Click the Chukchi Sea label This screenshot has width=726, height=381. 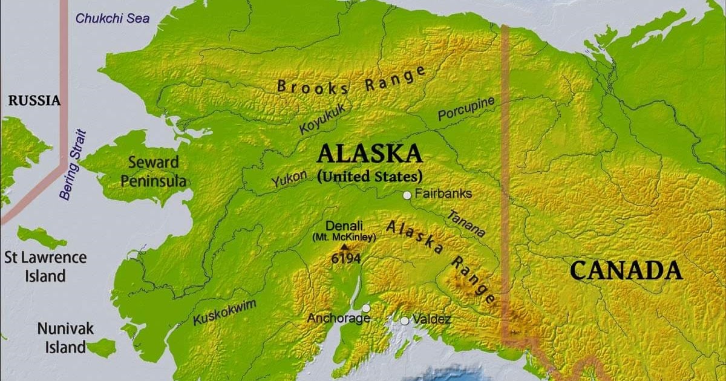(x=113, y=19)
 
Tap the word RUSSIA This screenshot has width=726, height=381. (x=34, y=101)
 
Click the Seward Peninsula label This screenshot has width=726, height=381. (x=153, y=172)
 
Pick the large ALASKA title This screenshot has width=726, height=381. (x=370, y=154)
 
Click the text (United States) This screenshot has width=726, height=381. (x=370, y=177)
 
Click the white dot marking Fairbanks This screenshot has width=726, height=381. (x=407, y=195)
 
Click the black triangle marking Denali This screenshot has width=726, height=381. (x=345, y=247)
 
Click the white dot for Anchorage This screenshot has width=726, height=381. (x=366, y=308)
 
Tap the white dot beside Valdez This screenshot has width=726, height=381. (x=404, y=321)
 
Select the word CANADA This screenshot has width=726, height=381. (x=626, y=270)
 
